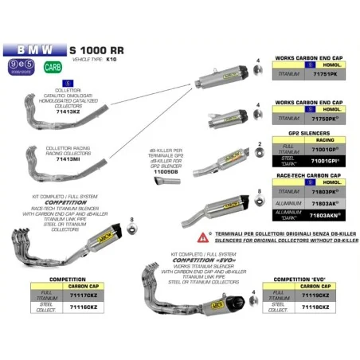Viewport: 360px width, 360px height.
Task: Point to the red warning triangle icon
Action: [x=204, y=237]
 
